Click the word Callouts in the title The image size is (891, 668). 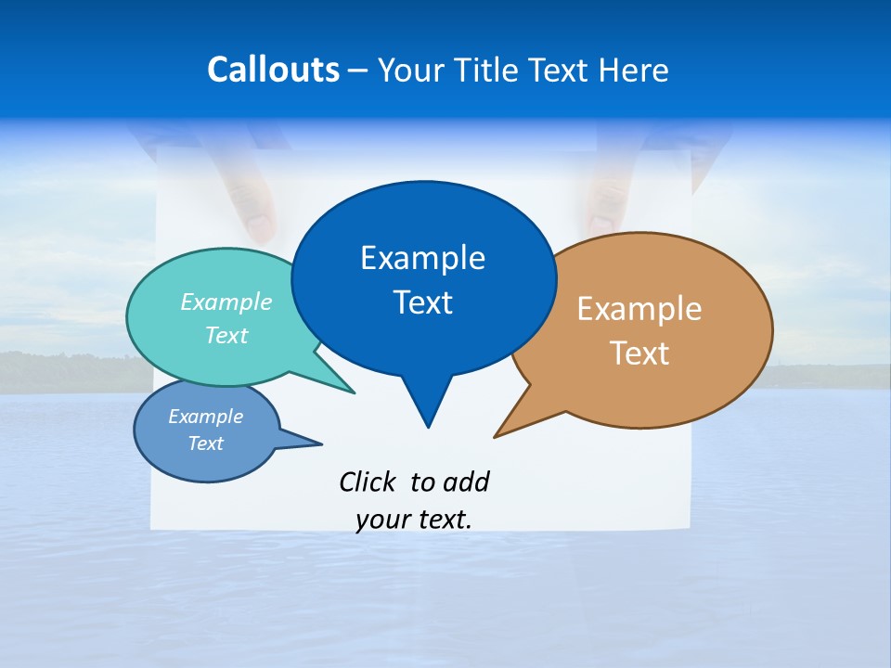tap(273, 70)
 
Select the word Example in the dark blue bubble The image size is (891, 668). tap(422, 258)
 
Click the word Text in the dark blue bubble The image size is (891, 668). tap(422, 302)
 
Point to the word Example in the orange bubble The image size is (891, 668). tap(639, 309)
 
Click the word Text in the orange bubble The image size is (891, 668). tap(639, 353)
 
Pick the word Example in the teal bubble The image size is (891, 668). tap(226, 302)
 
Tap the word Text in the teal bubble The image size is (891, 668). tap(226, 336)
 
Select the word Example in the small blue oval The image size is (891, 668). tap(206, 417)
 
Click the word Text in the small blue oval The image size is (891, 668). tap(206, 443)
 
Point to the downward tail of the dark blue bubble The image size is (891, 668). tap(427, 408)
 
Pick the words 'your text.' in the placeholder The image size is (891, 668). tap(414, 520)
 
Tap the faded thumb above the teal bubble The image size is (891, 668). tap(252, 209)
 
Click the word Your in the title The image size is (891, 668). tap(409, 70)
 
